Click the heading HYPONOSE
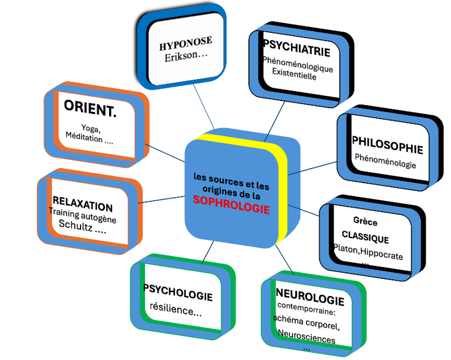[185, 43]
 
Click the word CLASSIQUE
[365, 240]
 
